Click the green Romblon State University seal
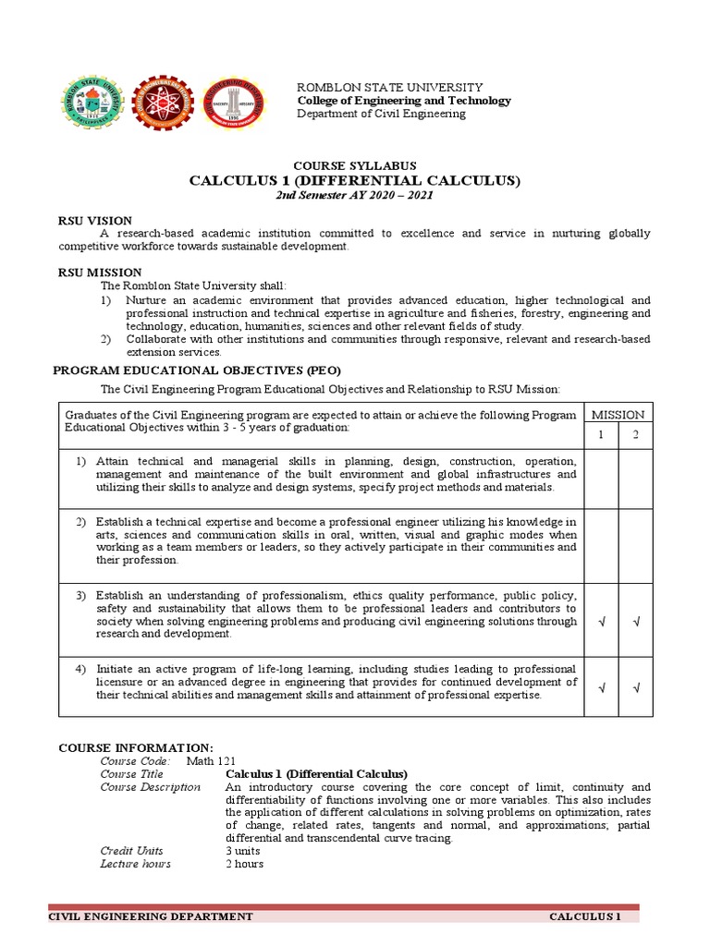(x=92, y=103)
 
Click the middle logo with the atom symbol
(x=163, y=103)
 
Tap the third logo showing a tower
(x=233, y=103)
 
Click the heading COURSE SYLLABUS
(x=355, y=164)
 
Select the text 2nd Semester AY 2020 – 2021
(x=355, y=197)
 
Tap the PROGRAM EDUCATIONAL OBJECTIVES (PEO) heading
(x=190, y=370)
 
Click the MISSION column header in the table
(x=618, y=415)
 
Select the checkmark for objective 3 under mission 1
(x=602, y=622)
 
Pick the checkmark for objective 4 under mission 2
(x=636, y=686)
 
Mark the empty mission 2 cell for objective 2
(x=636, y=546)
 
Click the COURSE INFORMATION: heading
(x=136, y=747)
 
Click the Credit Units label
(x=131, y=851)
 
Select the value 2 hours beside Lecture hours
(x=244, y=864)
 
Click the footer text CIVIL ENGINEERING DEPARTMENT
(x=150, y=916)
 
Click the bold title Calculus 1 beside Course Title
(x=316, y=773)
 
